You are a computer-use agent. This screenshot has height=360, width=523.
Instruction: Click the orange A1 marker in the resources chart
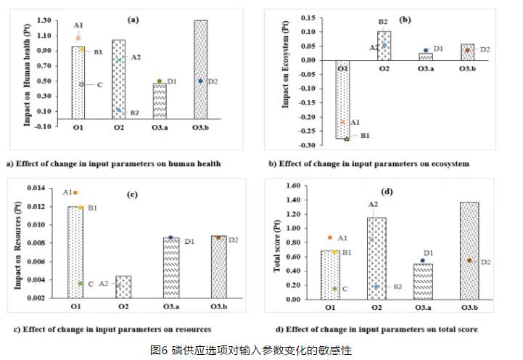coord(75,193)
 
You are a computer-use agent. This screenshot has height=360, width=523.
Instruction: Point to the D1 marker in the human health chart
coord(160,81)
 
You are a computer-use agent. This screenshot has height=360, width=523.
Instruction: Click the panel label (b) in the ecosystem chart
coord(405,20)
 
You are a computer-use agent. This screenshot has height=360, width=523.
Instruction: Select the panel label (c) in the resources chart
coord(133,194)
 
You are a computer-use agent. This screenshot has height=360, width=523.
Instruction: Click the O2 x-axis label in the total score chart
coord(376,307)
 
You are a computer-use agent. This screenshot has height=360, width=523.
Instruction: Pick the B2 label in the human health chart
coord(134,112)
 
